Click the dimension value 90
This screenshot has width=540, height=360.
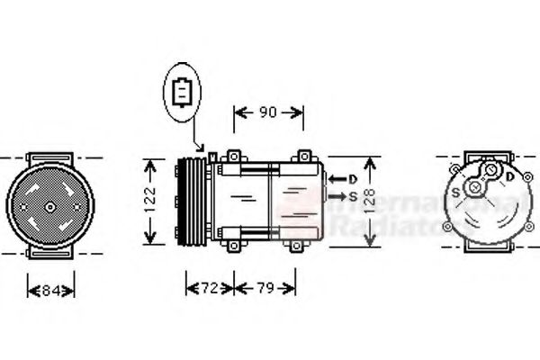tap(267, 112)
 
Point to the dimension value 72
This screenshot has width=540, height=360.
tap(208, 288)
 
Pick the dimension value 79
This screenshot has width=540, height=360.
tap(264, 288)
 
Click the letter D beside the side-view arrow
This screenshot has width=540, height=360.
tap(353, 178)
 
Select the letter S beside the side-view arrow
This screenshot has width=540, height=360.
tap(353, 195)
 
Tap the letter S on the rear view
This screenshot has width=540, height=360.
tap(456, 192)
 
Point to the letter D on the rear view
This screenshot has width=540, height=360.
tap(510, 177)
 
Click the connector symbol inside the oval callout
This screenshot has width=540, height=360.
tap(182, 93)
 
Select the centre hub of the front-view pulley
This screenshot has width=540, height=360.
tap(49, 206)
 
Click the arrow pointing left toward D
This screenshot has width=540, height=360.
tap(334, 178)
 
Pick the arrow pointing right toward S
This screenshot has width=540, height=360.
tap(335, 195)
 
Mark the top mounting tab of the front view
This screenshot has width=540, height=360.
tap(50, 159)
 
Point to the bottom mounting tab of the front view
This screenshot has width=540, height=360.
tap(50, 255)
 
